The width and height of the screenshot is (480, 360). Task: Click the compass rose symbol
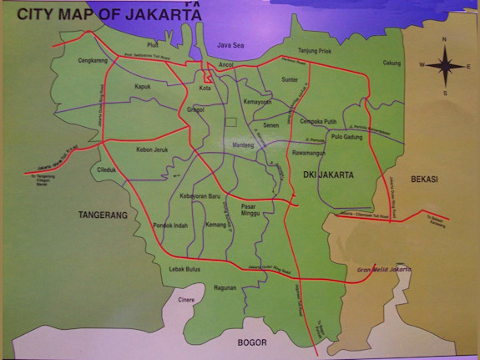click(x=444, y=64)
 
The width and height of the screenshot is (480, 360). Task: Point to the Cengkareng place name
click(x=94, y=61)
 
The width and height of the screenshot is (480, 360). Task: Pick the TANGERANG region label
click(x=103, y=215)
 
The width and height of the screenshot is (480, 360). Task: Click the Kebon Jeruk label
click(x=152, y=150)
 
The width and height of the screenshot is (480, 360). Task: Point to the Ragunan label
click(x=225, y=287)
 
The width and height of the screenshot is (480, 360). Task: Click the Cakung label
click(x=391, y=62)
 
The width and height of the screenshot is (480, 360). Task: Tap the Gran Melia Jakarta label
click(x=385, y=269)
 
